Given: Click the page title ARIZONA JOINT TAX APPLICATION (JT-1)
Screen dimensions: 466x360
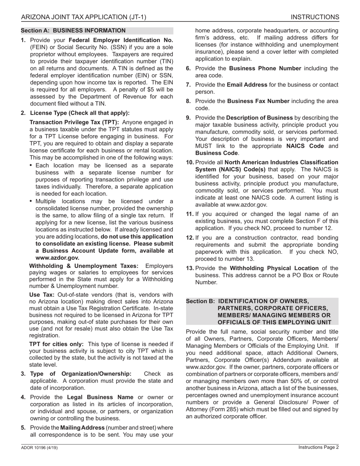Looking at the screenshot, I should [83, 17].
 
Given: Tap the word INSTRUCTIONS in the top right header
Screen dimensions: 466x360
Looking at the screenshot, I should [315, 17].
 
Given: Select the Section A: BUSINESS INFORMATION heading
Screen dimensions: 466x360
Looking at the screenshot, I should [73, 31].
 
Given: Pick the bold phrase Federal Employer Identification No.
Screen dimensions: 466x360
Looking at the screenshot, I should [121, 40].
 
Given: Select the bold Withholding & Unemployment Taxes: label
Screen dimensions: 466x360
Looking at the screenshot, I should [84, 266].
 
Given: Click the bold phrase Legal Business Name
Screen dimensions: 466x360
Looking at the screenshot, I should [100, 397].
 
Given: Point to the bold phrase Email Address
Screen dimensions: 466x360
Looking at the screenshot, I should [247, 85].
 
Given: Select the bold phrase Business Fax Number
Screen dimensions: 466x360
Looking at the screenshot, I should [259, 101].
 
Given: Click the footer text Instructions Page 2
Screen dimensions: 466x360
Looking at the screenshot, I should [318, 447].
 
